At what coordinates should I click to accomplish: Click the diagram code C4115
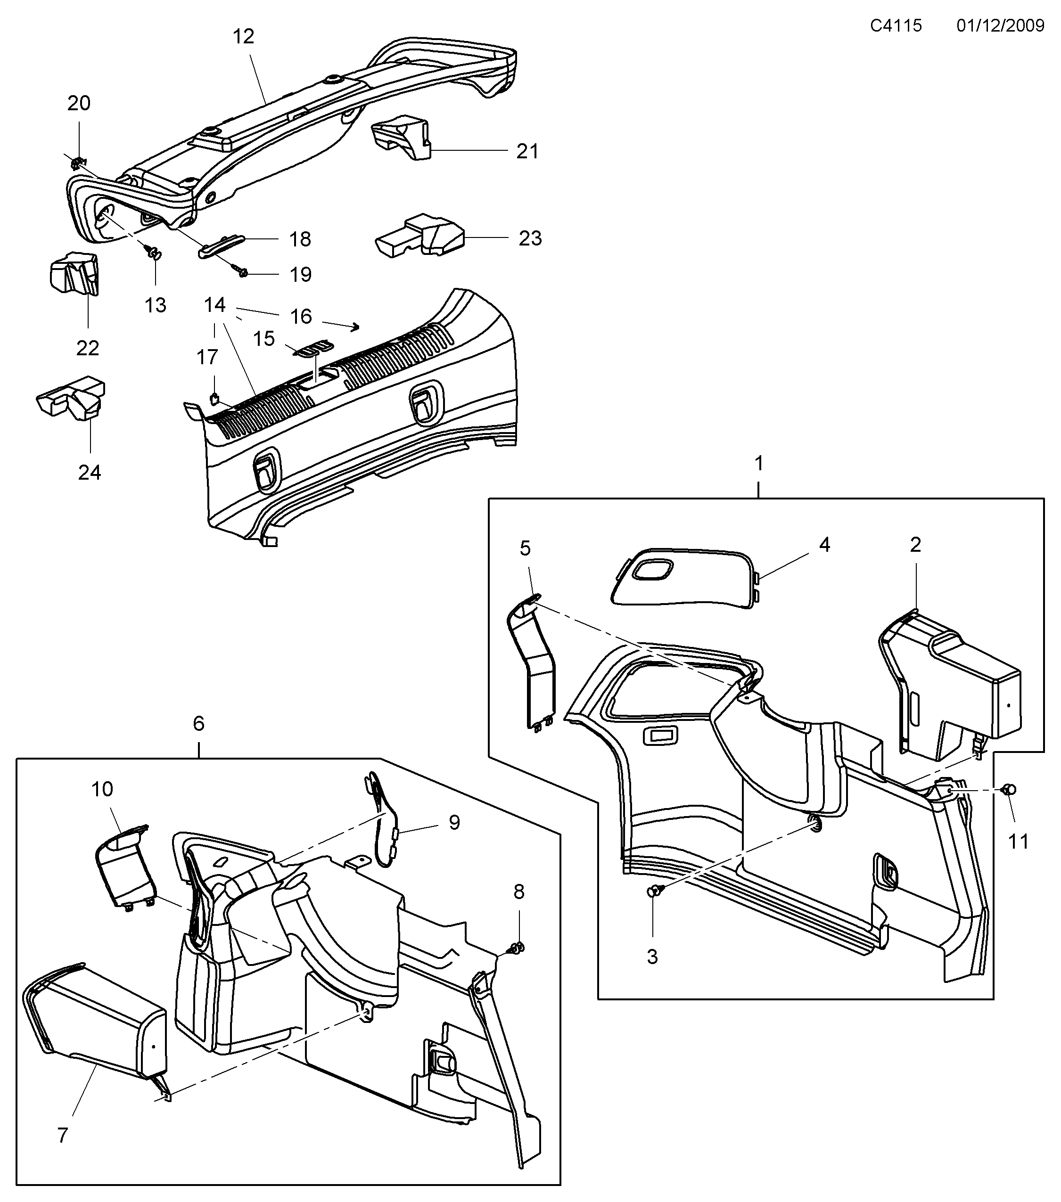(x=896, y=25)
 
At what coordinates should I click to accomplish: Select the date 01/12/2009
(x=1000, y=25)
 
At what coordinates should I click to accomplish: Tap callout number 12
(x=243, y=36)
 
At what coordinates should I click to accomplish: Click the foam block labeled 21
(x=401, y=138)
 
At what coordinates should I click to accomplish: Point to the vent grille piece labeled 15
(x=313, y=349)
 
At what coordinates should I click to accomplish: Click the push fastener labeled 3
(x=654, y=891)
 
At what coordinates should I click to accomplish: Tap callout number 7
(x=63, y=1134)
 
